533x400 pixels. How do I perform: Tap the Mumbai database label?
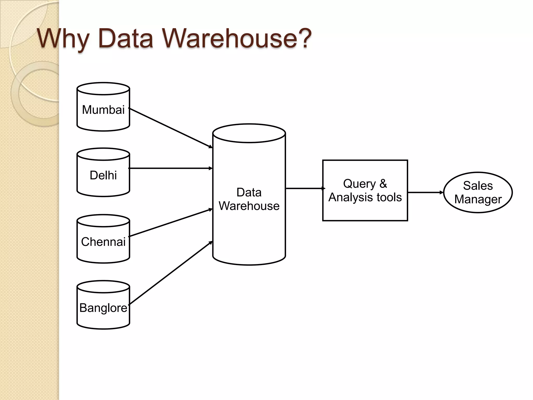(x=103, y=110)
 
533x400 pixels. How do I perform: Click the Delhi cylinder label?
(x=103, y=175)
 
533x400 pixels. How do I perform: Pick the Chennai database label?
(x=103, y=242)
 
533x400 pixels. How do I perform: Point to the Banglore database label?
(x=103, y=308)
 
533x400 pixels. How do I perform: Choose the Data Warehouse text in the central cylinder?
(x=249, y=199)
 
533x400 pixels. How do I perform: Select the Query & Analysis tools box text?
(x=365, y=191)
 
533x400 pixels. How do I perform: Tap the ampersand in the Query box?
(x=383, y=184)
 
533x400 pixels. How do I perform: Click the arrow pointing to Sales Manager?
(x=425, y=192)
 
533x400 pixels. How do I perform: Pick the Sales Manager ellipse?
(x=478, y=192)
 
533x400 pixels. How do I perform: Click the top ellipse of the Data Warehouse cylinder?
(x=249, y=133)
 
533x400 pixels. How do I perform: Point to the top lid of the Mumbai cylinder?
(x=103, y=89)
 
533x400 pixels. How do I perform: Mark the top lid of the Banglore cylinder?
(x=103, y=287)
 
